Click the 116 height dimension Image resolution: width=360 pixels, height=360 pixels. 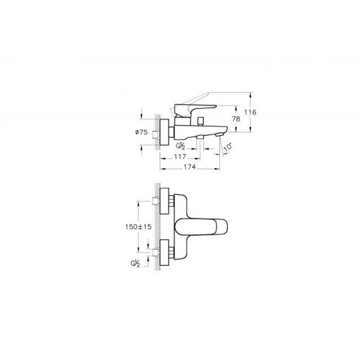pos(250,112)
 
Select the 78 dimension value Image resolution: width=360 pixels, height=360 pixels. pos(236,119)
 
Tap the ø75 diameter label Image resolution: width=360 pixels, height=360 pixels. pos(141,132)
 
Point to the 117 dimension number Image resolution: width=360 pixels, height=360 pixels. pos(180,156)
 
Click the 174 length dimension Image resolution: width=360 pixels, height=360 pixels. pos(189,167)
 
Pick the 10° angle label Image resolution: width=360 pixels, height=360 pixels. pos(228,147)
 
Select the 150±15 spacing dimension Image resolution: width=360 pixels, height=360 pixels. pos(139,226)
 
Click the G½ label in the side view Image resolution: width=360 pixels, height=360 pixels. pos(181,146)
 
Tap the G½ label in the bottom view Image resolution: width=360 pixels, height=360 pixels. pos(135,264)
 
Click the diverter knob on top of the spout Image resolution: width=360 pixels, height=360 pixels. pos(200,122)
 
